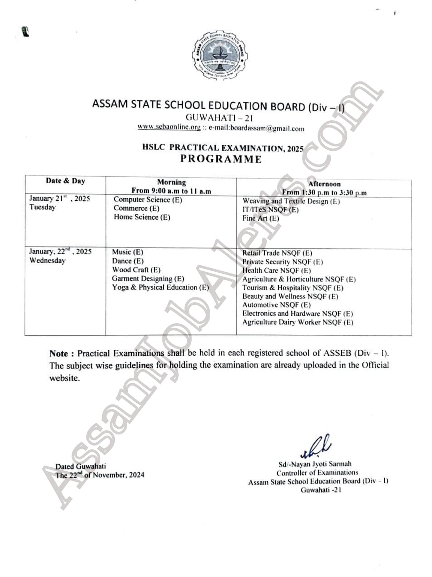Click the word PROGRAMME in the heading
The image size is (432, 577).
221,159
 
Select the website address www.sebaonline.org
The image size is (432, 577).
169,127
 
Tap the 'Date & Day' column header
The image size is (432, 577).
65,181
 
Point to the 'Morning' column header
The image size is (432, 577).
171,182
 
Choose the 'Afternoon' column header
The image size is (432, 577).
324,184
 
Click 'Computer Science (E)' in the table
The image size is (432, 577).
148,200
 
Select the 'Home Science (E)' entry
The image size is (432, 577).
142,217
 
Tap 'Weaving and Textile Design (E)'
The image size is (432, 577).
291,201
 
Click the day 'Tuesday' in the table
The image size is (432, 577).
43,207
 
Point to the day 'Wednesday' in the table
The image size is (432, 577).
47,261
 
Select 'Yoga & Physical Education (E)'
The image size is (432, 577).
160,288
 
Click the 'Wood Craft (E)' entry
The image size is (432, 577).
136,270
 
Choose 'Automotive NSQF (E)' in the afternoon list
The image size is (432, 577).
276,305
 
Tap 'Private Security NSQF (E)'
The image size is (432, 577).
283,262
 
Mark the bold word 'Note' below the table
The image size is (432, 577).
59,354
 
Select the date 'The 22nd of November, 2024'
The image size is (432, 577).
100,475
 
